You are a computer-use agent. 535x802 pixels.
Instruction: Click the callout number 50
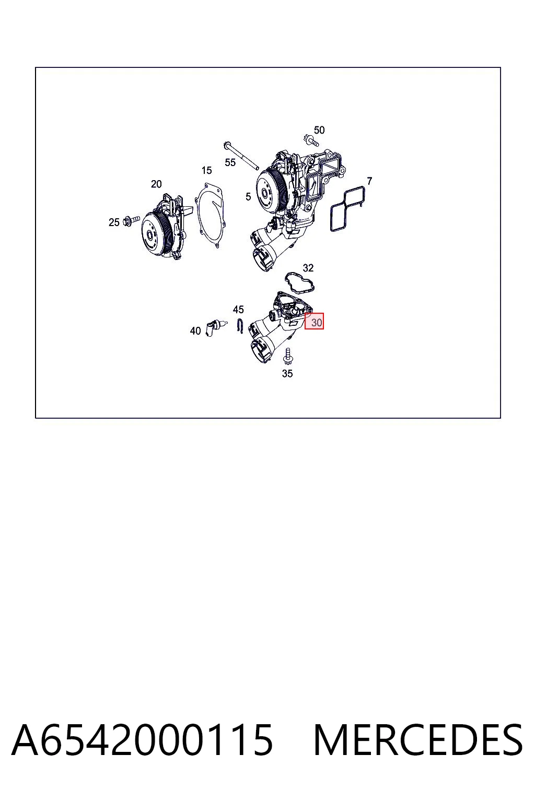319,130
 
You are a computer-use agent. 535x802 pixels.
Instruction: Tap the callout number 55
230,162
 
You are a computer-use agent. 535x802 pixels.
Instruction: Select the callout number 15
206,170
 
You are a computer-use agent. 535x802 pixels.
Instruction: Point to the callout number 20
156,184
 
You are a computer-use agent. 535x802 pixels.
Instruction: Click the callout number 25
114,222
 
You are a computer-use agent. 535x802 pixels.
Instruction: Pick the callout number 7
369,181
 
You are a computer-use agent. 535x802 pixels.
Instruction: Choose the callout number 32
308,268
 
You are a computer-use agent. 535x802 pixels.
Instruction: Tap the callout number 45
238,309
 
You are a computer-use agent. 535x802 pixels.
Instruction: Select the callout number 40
195,331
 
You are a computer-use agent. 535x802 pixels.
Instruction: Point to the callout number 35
287,374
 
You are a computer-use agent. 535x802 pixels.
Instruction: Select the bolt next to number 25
132,220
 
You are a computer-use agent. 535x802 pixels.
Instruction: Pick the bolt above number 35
287,356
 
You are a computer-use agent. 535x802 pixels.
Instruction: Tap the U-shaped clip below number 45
240,326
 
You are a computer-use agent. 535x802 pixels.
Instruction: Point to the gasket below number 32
299,282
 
